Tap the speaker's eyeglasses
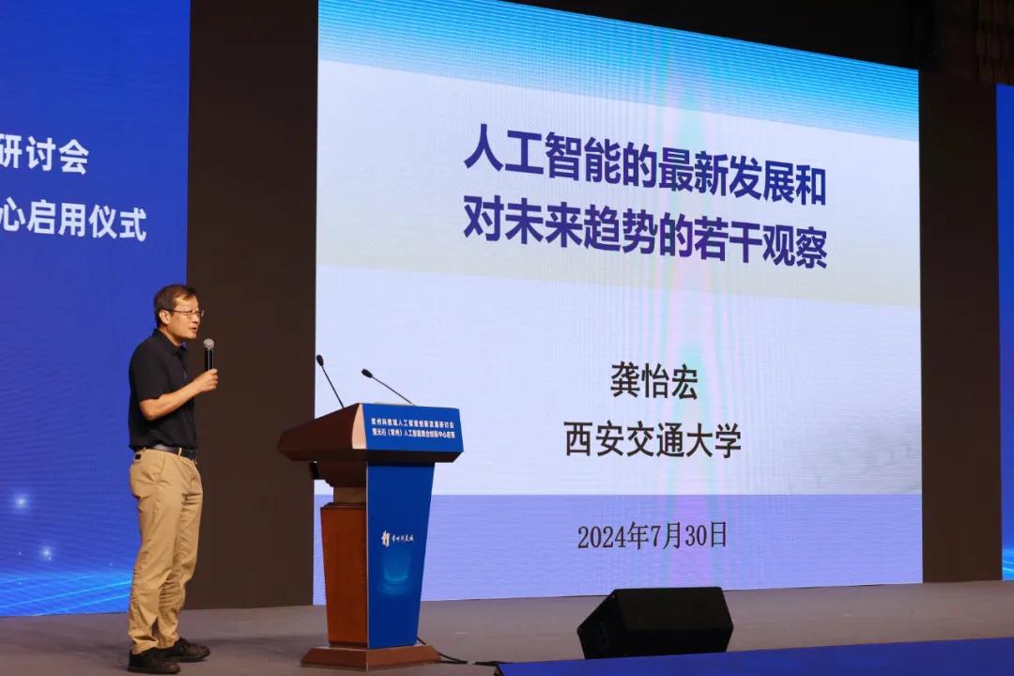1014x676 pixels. [185, 313]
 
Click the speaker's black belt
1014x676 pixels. [169, 451]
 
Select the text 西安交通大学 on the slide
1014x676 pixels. [653, 438]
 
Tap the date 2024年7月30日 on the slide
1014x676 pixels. [652, 535]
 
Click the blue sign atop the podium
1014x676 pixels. [412, 428]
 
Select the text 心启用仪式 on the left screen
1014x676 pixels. [75, 223]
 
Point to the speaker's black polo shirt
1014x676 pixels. [161, 394]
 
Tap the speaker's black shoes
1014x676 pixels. [169, 655]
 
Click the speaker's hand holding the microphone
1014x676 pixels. [204, 380]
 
